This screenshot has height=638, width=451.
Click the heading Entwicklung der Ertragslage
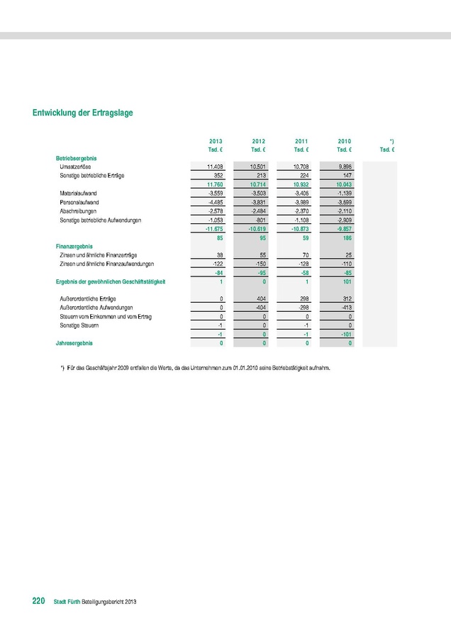coord(83,113)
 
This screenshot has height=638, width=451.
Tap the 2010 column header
coord(345,142)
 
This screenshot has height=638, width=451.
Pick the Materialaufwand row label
coord(78,193)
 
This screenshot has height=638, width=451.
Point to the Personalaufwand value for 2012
coord(256,202)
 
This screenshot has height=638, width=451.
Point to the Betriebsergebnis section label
coord(77,157)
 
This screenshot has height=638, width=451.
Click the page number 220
coord(39,601)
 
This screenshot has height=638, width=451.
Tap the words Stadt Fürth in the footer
coord(67,602)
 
